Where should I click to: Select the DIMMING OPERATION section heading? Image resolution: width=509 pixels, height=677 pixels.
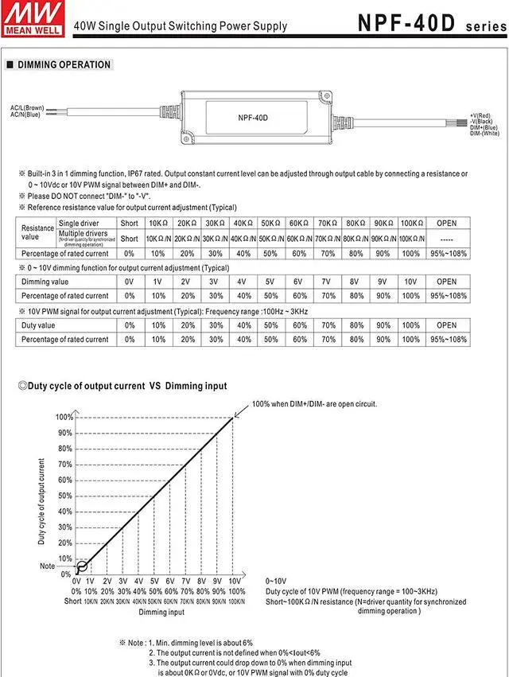pos(64,64)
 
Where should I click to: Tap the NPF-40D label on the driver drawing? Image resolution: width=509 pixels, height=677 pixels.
pos(253,118)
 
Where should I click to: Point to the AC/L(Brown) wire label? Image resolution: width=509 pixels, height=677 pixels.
pos(28,107)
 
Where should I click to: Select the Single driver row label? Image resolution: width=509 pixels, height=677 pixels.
pos(80,224)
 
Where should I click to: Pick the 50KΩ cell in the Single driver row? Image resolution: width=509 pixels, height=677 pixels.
pos(270,224)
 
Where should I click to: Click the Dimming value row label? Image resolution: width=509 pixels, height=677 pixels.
pos(45,281)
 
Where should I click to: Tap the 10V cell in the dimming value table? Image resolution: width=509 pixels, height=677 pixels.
pos(410,281)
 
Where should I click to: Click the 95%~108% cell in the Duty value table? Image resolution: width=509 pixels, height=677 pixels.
pos(447,339)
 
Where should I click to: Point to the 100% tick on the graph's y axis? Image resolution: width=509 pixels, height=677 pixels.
pos(64,417)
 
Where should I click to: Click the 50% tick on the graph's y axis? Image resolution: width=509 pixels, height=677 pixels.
pos(64,496)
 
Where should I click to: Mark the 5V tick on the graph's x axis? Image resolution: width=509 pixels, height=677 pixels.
pos(154,582)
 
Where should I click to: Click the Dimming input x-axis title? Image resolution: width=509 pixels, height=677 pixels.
pos(161,612)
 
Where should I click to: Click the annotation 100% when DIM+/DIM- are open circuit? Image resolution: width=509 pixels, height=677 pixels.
pos(315,404)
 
